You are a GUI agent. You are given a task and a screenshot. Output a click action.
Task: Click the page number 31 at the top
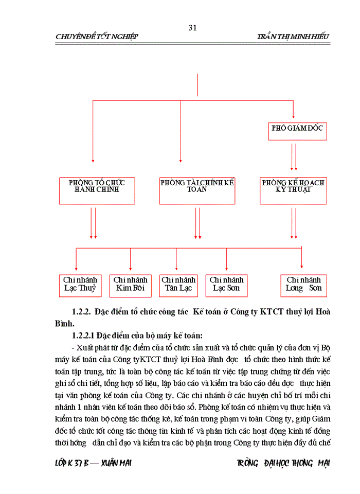coord(193,27)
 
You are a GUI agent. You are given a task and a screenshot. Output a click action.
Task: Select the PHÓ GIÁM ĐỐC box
coord(297,129)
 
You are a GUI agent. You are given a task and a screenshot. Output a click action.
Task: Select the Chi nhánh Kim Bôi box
coord(130,284)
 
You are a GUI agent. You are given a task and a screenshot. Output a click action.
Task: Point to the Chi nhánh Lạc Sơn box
coord(226,284)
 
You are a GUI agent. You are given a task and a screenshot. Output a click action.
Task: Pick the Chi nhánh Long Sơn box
coord(303,284)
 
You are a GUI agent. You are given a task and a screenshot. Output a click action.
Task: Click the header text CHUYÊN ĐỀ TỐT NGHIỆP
coord(96,37)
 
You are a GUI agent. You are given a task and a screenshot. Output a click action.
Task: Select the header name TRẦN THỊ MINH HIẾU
coord(293,37)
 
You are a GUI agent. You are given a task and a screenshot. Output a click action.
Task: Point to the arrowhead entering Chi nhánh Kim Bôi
coord(130,268)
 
